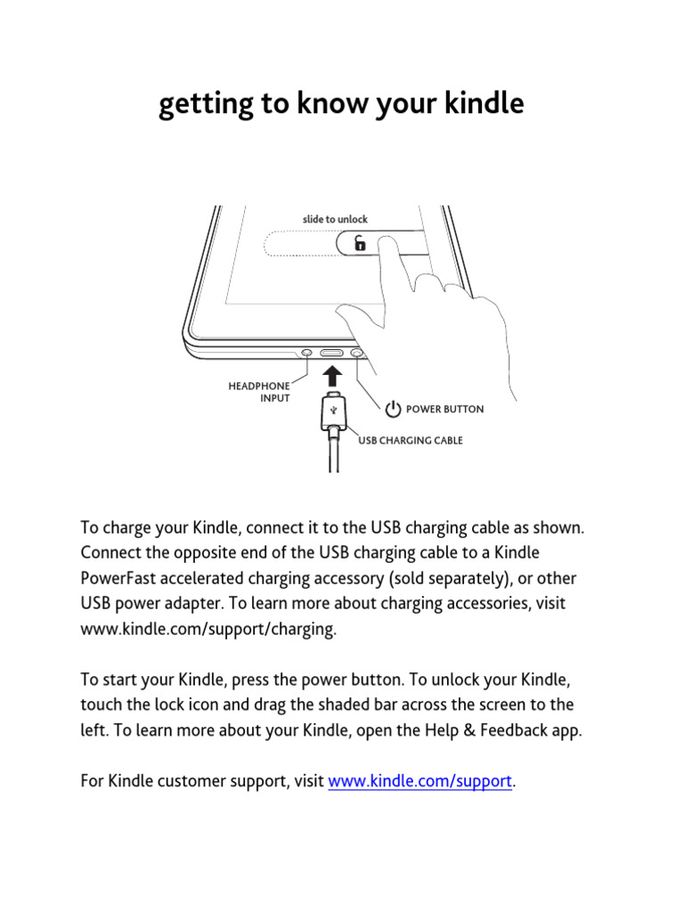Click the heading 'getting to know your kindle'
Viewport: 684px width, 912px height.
pos(341,105)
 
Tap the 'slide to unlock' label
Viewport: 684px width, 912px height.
pos(334,219)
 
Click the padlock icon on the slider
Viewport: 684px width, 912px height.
pos(359,243)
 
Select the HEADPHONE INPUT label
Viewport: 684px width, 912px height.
pos(260,392)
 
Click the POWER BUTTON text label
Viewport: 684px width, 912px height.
pos(444,410)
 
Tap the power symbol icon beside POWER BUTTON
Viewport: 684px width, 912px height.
pos(393,410)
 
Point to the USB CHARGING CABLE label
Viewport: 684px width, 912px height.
pos(411,440)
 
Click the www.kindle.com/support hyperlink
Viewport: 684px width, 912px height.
pos(420,782)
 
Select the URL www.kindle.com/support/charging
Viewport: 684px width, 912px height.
pos(209,629)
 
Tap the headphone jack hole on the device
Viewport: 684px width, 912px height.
pos(307,354)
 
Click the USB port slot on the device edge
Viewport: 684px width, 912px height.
pos(331,354)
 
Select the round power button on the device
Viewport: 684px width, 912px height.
pos(358,354)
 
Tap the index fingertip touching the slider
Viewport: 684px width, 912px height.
pos(385,243)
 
